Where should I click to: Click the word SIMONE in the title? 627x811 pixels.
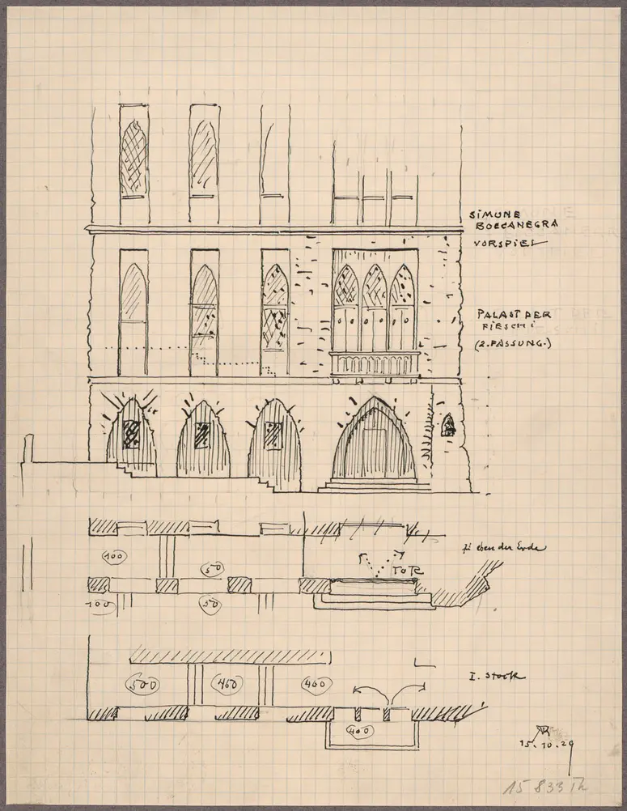click(x=489, y=214)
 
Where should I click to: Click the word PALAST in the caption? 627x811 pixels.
click(x=489, y=314)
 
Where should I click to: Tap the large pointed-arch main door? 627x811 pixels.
click(x=373, y=443)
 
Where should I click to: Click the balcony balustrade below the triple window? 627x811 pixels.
click(x=375, y=363)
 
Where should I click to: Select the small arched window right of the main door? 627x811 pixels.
click(x=447, y=425)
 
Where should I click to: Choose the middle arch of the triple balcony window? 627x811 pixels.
click(x=374, y=306)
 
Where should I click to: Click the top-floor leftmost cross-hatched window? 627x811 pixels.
click(x=133, y=158)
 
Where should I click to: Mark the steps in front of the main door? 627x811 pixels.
click(x=374, y=486)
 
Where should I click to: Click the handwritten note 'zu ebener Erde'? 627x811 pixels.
click(x=508, y=549)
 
